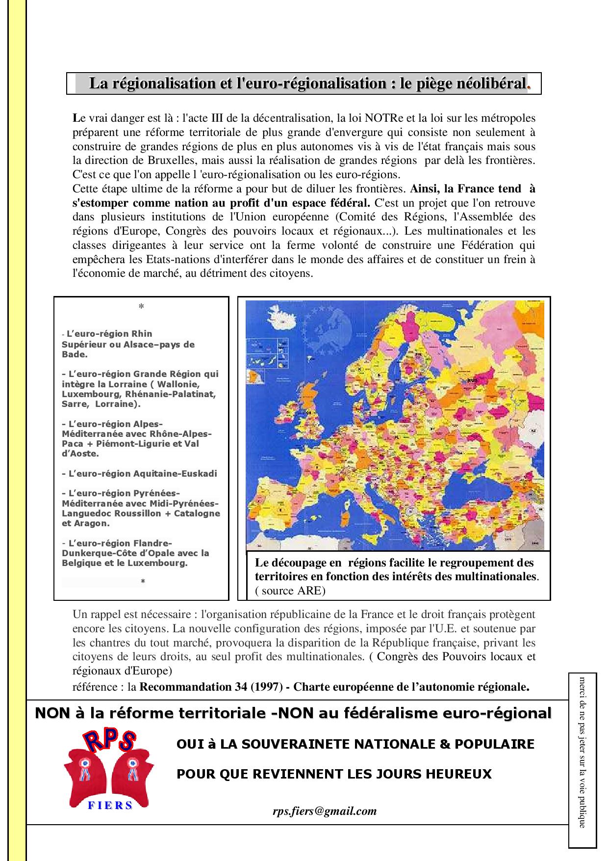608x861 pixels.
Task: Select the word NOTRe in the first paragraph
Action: [383, 118]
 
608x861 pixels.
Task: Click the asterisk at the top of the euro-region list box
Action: [141, 307]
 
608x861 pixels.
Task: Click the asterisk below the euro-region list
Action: [143, 582]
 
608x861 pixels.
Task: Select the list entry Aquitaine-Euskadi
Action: [140, 474]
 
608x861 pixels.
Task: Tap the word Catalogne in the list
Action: [197, 513]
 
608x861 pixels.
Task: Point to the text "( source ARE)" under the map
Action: [290, 591]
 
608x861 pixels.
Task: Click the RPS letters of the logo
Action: [109, 741]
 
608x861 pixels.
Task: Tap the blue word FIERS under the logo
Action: [110, 805]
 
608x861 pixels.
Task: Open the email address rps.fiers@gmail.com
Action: [325, 811]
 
